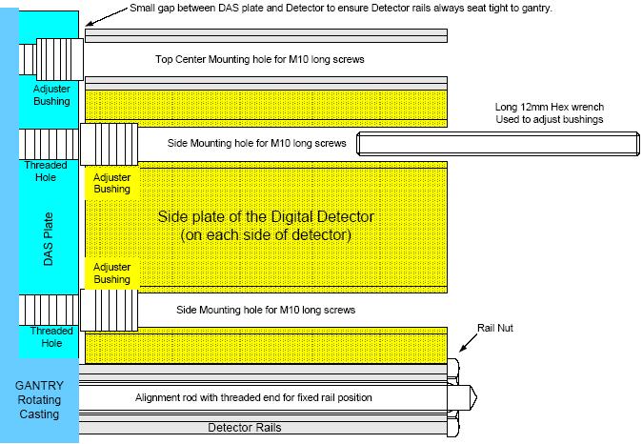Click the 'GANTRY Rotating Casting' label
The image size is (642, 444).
(x=39, y=399)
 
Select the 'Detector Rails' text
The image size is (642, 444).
(x=245, y=428)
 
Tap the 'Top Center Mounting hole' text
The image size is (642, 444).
(x=260, y=60)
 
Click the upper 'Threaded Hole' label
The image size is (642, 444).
(x=45, y=171)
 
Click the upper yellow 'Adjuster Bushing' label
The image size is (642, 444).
(x=112, y=183)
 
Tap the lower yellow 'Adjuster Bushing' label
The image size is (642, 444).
(x=112, y=273)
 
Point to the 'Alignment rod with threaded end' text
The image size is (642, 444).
(x=253, y=397)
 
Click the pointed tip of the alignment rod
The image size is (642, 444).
(x=474, y=396)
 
